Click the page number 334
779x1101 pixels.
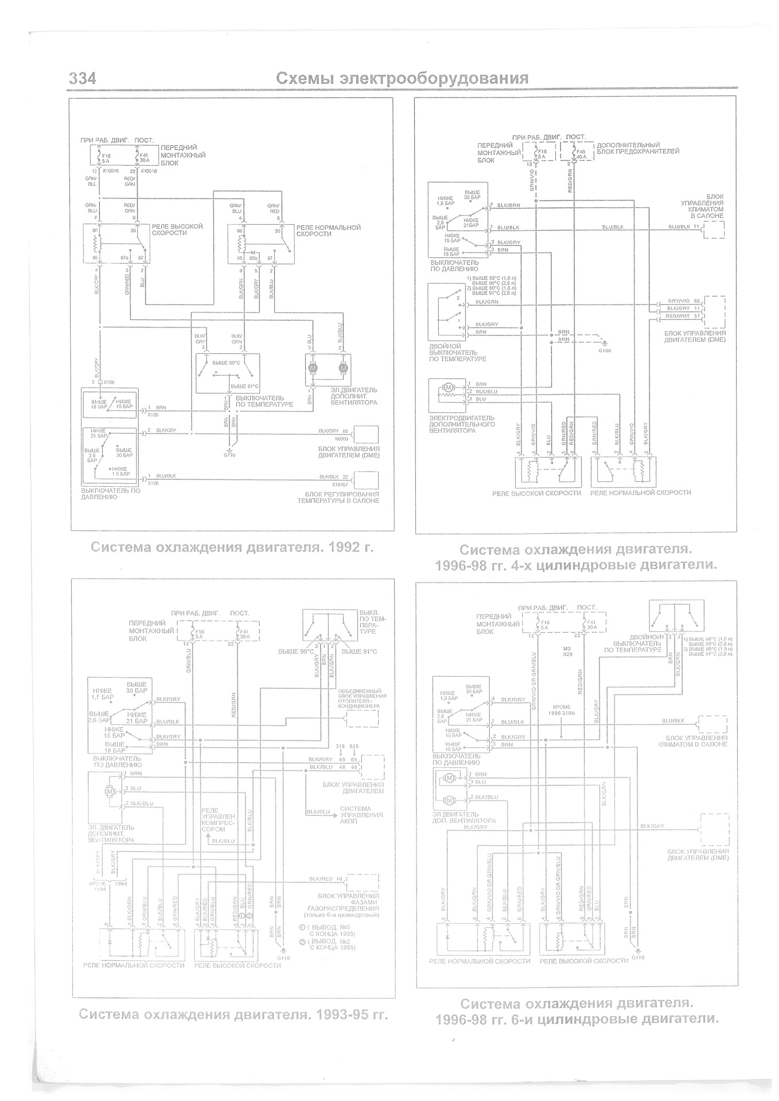82,79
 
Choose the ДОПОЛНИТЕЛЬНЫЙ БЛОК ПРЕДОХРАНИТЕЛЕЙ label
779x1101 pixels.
638,148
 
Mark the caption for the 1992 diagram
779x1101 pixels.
232,547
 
